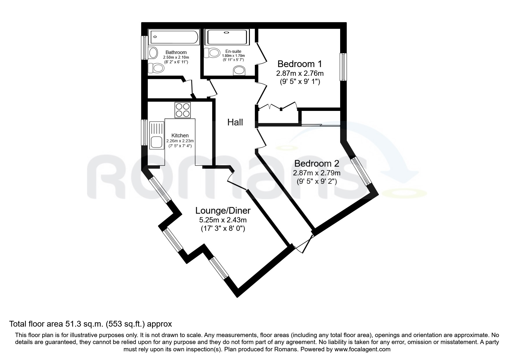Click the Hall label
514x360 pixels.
(x=235, y=122)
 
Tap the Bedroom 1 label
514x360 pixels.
(x=300, y=64)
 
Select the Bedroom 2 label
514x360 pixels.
(x=317, y=163)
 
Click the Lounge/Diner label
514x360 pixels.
(x=223, y=210)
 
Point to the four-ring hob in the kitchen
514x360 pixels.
(x=183, y=110)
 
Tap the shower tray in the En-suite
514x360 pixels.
(x=227, y=37)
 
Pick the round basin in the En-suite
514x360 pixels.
(x=239, y=70)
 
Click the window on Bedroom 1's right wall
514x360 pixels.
(x=343, y=67)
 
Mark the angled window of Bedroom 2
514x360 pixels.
(x=361, y=171)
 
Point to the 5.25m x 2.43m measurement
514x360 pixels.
(x=223, y=220)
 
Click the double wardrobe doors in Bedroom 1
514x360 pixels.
(x=276, y=106)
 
